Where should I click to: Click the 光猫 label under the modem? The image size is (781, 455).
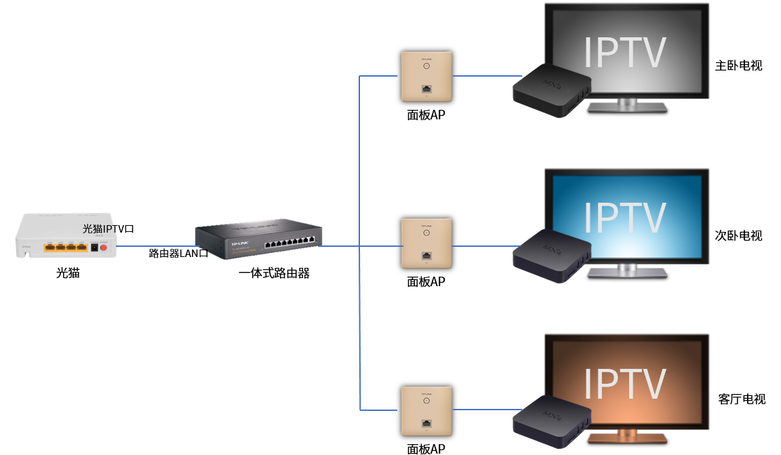coord(68,273)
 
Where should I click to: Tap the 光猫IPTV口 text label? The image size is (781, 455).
coord(113,229)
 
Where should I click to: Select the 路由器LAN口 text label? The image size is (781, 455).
coord(178,253)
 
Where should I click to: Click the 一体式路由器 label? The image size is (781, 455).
coord(274,273)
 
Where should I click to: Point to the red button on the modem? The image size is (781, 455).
coord(104,248)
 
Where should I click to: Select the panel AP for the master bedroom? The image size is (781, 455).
coord(426,76)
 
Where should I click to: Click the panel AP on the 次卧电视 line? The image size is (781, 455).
coord(426,243)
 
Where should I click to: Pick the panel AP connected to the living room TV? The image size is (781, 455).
coord(426,411)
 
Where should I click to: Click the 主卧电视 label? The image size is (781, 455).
coord(738,66)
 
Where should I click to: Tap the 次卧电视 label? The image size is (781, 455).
coord(738,235)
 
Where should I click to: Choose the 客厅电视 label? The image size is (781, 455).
coord(741,399)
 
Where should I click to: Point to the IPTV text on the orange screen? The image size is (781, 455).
coord(625,384)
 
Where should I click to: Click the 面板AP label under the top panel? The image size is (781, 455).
coord(426,115)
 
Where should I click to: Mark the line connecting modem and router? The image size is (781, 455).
coord(156,246)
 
